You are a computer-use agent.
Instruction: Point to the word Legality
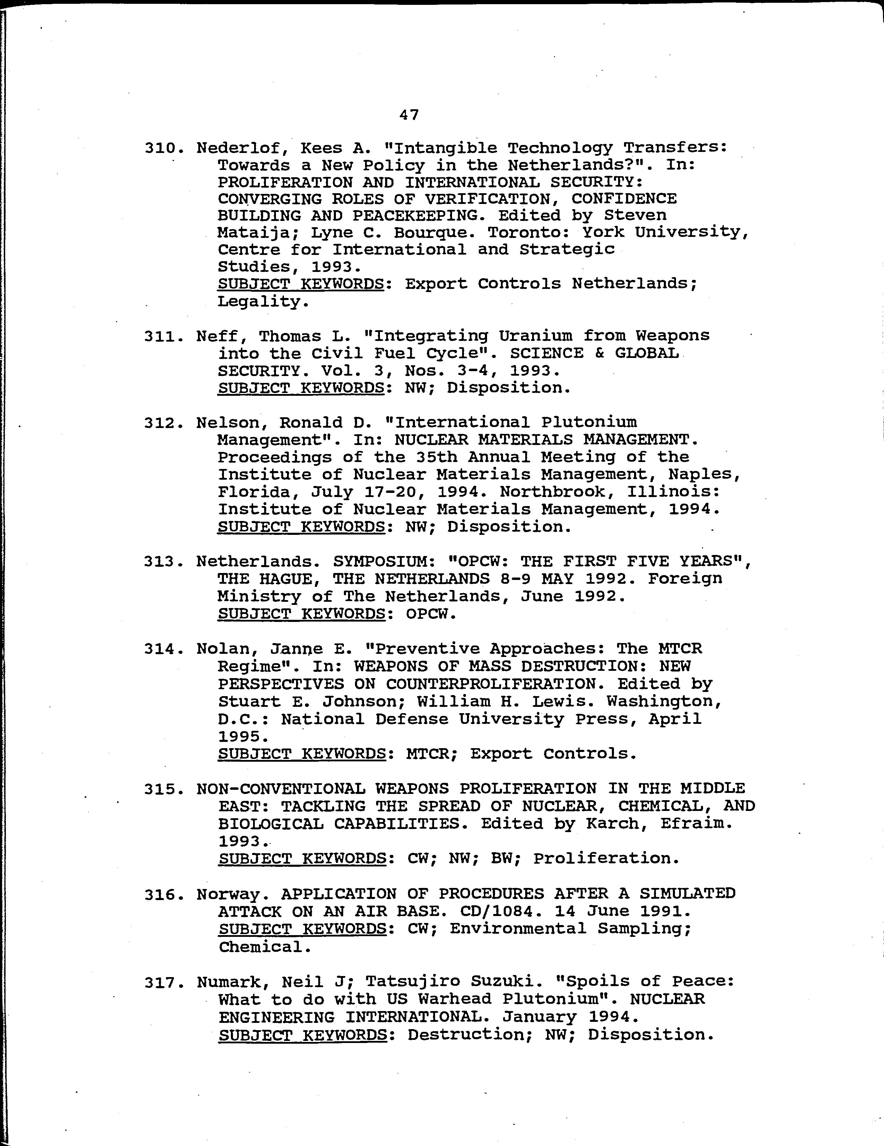click(261, 302)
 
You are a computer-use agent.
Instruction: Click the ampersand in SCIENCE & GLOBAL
click(599, 353)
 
